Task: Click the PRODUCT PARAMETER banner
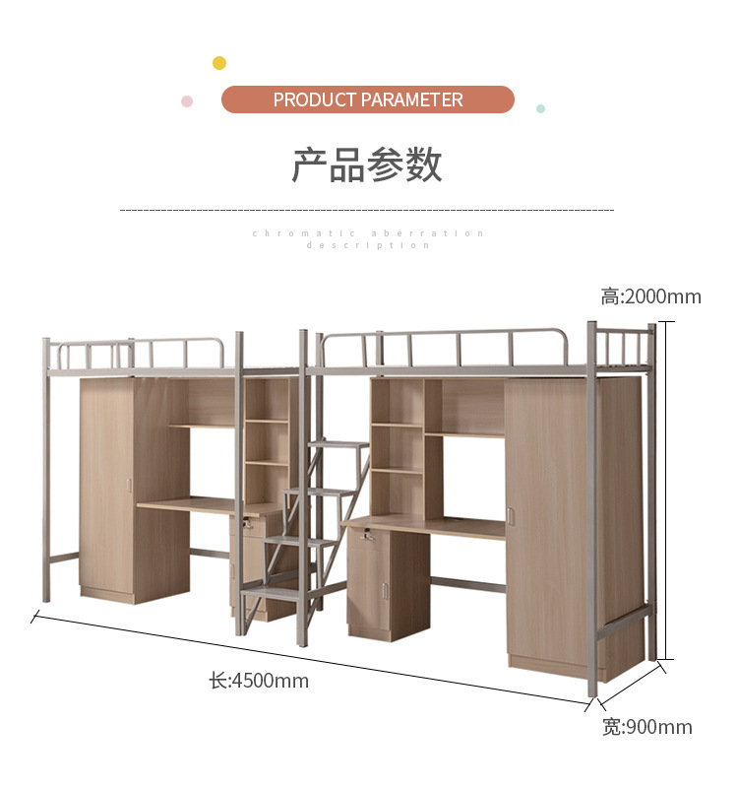coord(368,99)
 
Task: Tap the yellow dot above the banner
coord(219,63)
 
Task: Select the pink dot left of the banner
coord(187,101)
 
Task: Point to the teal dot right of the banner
coord(540,108)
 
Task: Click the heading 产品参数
coord(367,164)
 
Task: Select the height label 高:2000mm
coord(650,296)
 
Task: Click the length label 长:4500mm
coord(259,681)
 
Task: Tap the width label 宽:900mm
coord(646,727)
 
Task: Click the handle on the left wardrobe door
coord(129,486)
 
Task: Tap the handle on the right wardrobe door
coord(511,515)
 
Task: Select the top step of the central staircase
coord(338,444)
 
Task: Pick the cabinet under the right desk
coord(388,583)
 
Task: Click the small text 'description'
coord(368,245)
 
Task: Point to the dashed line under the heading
coord(366,210)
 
